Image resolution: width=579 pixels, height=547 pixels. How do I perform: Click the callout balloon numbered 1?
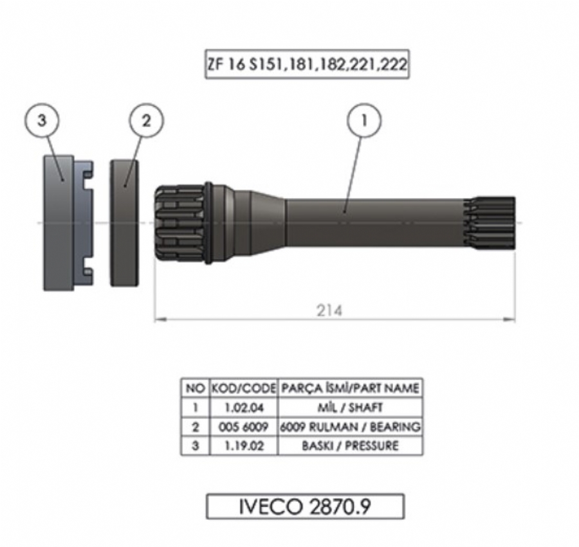pos(364,120)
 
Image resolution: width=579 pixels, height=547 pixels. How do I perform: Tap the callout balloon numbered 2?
pos(146,120)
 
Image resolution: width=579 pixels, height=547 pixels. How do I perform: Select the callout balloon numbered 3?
pos(42,120)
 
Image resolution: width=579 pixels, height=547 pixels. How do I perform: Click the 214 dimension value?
pos(329,310)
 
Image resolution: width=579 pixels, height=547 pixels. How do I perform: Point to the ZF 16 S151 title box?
pos(307,64)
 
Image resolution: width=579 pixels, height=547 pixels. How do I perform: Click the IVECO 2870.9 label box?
pos(305,507)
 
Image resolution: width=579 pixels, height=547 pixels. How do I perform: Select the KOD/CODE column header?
pos(243,388)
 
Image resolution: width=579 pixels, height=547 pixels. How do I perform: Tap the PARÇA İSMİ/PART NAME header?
pos(350,388)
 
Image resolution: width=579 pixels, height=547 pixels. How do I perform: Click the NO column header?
pos(196,388)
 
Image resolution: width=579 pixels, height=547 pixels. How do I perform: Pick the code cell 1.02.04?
pos(243,408)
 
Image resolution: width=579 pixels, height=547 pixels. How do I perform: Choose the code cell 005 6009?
pos(243,427)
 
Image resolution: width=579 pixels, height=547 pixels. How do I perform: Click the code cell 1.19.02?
pos(243,446)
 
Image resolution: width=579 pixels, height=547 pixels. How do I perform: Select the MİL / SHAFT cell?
pos(350,408)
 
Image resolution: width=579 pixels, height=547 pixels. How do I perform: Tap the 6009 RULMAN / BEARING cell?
pos(350,427)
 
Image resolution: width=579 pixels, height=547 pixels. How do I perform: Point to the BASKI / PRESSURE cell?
pos(350,446)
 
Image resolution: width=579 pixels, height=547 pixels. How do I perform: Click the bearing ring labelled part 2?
pos(125,223)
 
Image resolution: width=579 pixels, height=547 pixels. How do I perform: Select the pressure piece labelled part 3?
pos(68,223)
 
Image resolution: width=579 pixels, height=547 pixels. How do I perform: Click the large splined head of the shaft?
pos(180,223)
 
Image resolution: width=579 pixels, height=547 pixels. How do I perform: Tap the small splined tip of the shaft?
pos(490,223)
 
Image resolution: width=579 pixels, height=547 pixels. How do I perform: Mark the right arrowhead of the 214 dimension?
pos(510,319)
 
